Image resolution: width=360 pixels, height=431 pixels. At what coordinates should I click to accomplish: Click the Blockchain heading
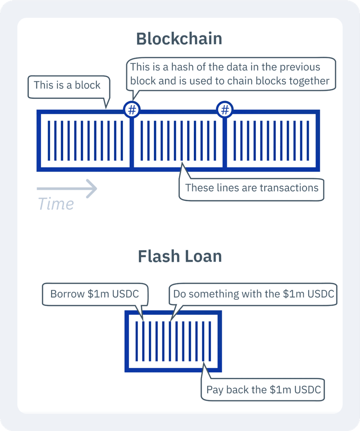[179, 39]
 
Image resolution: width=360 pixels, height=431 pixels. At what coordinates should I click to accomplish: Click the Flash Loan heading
[180, 256]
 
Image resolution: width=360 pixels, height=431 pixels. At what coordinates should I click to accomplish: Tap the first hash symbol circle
[132, 110]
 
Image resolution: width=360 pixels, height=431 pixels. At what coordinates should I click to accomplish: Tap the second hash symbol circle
[225, 110]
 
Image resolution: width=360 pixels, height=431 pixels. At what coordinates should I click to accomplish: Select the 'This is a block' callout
[67, 85]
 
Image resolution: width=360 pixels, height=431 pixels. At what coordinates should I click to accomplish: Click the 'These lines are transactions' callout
[251, 188]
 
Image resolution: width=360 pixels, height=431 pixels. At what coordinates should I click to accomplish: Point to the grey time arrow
[67, 188]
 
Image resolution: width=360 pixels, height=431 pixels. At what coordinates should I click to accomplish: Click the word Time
[56, 204]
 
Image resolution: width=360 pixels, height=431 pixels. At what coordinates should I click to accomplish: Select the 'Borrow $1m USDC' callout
[94, 294]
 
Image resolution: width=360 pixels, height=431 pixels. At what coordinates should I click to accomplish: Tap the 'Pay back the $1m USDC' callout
[263, 390]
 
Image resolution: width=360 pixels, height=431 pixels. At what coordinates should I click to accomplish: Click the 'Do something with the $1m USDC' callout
[253, 294]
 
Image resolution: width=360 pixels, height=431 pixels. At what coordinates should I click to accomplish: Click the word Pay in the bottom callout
[215, 390]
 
